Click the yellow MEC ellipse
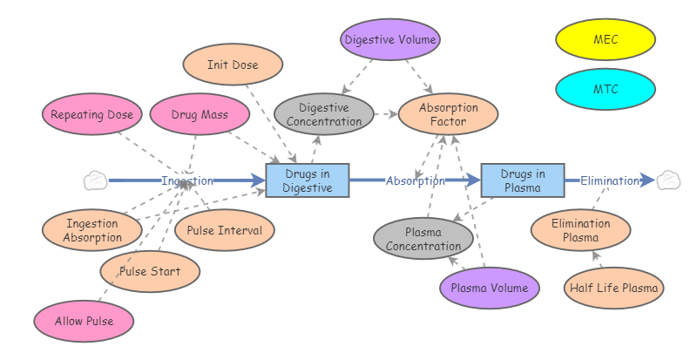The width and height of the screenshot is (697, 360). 606,39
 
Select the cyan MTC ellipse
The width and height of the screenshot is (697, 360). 606,89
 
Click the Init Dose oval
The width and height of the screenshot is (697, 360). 233,65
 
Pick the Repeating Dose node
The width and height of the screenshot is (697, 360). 91,114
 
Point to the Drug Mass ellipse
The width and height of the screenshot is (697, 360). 200,114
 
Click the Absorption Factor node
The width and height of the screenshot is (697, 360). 448,114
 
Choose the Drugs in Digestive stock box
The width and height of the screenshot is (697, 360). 308,180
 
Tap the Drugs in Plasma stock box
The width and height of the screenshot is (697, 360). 523,180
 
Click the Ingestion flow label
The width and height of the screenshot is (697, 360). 187,181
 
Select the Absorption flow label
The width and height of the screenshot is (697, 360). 416,181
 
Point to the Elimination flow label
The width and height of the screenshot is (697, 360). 610,181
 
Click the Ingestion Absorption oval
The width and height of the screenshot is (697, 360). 92,231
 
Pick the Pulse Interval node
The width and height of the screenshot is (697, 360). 225,231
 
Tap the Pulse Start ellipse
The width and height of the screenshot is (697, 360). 150,272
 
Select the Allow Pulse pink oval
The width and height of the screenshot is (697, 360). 85,321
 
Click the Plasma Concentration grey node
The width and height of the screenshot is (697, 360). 423,239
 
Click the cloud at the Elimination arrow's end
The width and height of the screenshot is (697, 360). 668,180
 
